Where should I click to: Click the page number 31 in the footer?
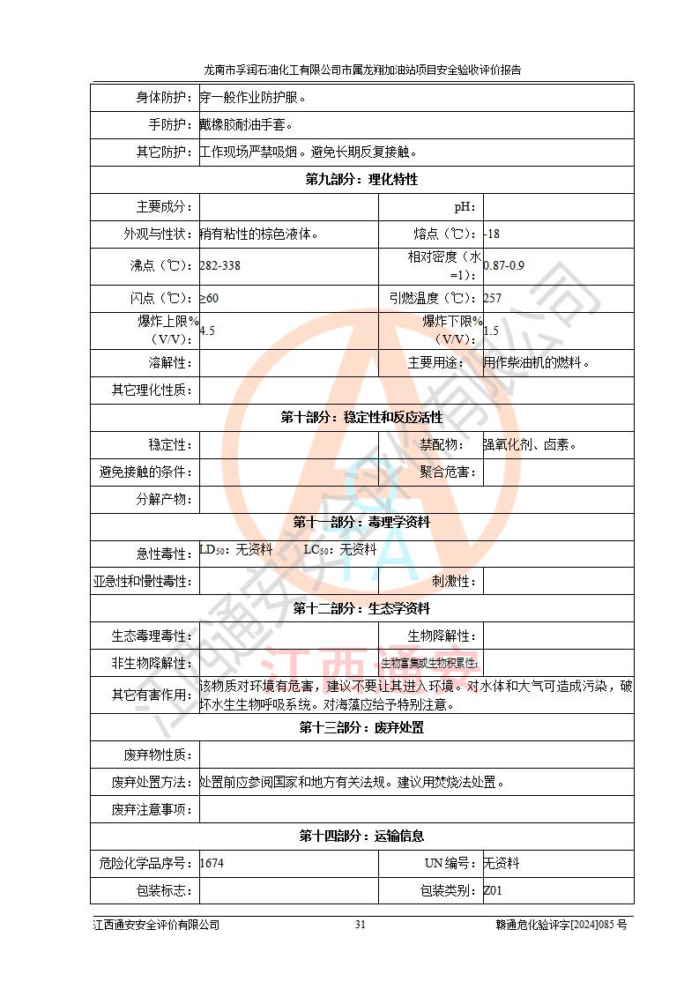[x=360, y=925]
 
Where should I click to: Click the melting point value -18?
[x=493, y=234]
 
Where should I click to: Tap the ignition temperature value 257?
[x=493, y=299]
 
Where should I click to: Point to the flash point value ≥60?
[x=209, y=299]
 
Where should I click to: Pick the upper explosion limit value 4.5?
[x=208, y=331]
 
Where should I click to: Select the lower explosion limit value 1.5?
[x=492, y=331]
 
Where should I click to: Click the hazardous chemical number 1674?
[x=212, y=864]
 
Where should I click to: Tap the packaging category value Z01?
[x=493, y=891]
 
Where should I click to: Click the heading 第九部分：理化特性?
[x=361, y=180]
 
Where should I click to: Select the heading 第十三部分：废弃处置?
[x=361, y=728]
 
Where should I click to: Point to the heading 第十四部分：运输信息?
[x=361, y=837]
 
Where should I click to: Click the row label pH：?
[x=465, y=207]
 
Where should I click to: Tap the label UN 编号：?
[x=448, y=864]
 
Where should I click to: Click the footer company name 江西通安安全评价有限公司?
[x=156, y=925]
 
